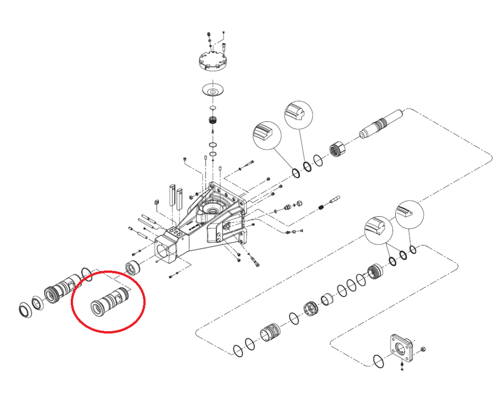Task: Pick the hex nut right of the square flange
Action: pyautogui.click(x=422, y=349)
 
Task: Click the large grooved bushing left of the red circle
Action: pyautogui.click(x=62, y=288)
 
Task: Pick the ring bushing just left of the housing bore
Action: pyautogui.click(x=132, y=267)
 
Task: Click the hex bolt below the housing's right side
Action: pyautogui.click(x=256, y=262)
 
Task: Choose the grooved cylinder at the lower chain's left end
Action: pyautogui.click(x=270, y=332)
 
